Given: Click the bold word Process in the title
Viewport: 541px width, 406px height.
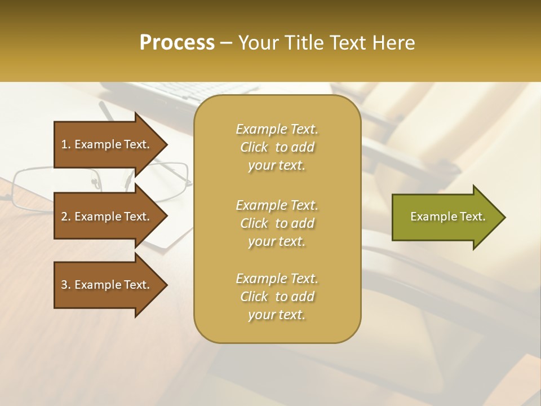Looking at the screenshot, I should pos(177,43).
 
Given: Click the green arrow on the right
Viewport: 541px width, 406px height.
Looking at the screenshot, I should pos(445,217).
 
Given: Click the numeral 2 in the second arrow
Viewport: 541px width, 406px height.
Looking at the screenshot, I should pos(64,217).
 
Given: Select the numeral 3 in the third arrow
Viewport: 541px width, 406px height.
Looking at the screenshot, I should pos(64,285).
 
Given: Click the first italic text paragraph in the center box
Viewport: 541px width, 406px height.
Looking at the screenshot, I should pos(277,147).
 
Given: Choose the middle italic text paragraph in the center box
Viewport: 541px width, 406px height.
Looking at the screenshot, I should pos(277,223).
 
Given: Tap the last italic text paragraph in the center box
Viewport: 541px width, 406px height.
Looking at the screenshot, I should pos(277,297).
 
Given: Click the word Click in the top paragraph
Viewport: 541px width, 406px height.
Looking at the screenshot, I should pos(254,147).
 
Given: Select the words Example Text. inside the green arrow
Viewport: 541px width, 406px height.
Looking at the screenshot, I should pos(447,217).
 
